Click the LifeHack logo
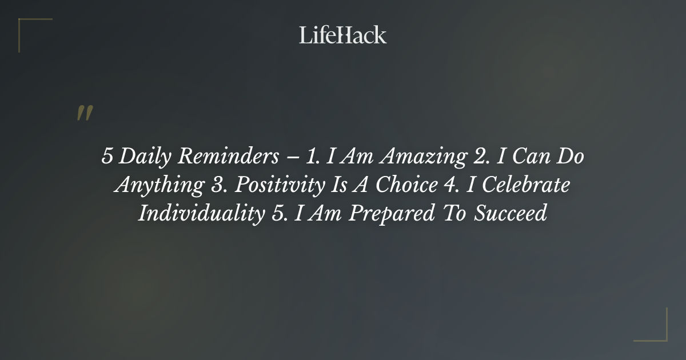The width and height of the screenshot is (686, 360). (x=342, y=35)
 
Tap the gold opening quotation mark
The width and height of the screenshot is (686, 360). (x=85, y=113)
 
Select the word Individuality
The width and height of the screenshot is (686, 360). (x=198, y=214)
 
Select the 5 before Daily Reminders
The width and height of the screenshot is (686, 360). (x=107, y=157)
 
